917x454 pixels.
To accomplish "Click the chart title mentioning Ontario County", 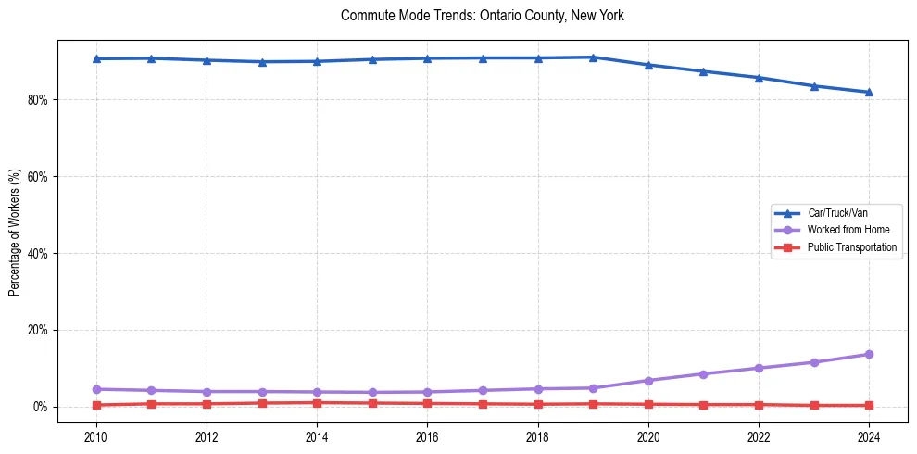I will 483,16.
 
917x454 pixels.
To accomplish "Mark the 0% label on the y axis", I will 40,408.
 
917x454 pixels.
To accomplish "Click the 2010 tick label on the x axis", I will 96,436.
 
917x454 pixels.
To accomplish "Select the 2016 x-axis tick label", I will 427,436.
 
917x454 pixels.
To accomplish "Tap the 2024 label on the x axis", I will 869,436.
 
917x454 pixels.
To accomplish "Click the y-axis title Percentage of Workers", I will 15,233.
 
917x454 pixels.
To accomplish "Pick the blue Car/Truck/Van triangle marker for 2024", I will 869,92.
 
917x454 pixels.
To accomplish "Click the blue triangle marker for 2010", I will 96,58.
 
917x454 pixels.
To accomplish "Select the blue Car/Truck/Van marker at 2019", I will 593,57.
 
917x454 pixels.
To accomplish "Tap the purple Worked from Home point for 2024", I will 869,354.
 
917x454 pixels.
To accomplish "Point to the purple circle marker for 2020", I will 648,381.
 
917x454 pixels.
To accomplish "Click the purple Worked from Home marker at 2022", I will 759,368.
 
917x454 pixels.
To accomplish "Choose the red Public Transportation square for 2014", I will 317,403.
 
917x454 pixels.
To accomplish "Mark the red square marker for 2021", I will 703,405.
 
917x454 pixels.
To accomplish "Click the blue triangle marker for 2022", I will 759,78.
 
